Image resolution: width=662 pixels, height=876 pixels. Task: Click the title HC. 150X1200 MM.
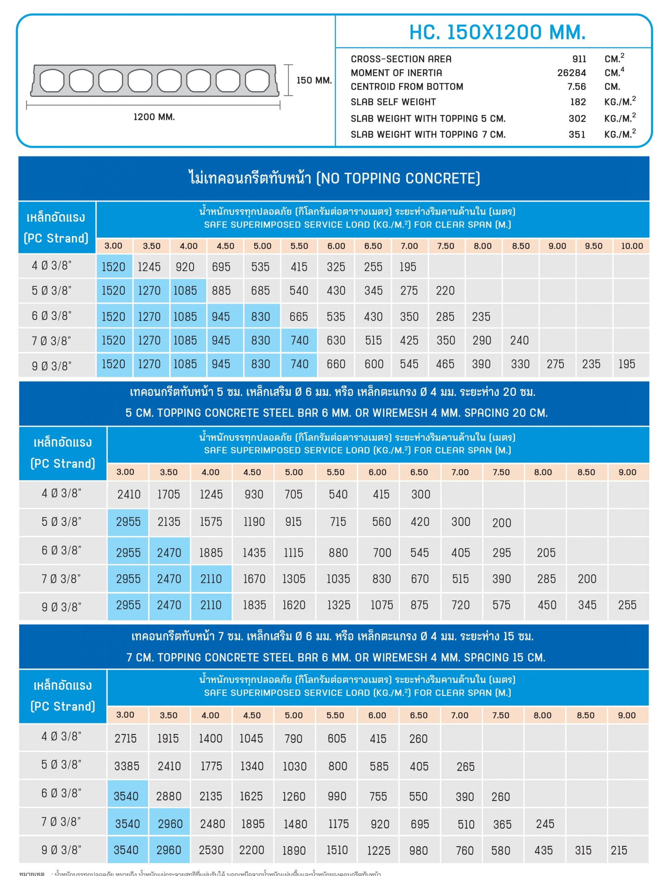[497, 33]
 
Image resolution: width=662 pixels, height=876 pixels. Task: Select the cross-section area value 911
[579, 59]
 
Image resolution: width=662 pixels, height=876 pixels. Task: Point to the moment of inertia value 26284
[571, 73]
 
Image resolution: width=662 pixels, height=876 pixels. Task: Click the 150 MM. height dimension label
[314, 80]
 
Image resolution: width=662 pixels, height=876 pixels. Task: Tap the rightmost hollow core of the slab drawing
[257, 80]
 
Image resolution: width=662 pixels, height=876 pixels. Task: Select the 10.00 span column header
[632, 246]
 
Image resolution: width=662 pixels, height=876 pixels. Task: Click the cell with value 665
[299, 317]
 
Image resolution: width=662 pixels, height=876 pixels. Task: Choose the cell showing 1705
[168, 494]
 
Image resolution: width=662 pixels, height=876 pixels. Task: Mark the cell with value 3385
[127, 766]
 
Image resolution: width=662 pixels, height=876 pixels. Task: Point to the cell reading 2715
[126, 738]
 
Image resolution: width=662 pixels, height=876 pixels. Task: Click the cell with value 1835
[254, 605]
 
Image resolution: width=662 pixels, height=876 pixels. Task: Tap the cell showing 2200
[252, 850]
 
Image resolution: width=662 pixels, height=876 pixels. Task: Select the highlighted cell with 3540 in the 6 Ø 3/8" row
[126, 796]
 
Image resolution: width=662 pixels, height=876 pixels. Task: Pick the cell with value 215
[619, 850]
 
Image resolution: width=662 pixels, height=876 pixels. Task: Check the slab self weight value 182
[577, 102]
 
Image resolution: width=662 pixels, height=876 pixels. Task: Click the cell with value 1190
[254, 521]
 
